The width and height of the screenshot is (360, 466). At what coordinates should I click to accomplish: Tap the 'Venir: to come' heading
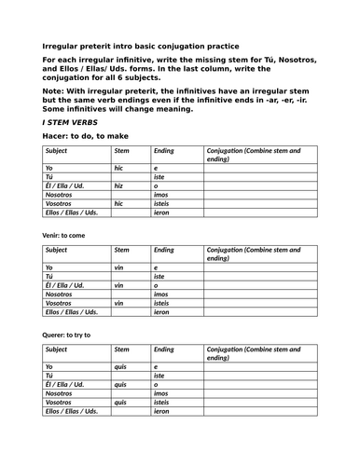69,235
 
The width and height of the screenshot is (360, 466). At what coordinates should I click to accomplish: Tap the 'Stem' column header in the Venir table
121,250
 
